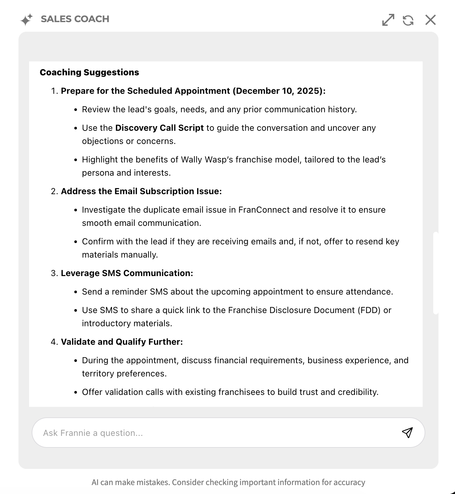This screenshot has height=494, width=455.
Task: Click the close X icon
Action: point(430,20)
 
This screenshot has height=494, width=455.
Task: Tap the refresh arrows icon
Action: point(408,20)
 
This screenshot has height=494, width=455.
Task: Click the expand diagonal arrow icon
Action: point(388,20)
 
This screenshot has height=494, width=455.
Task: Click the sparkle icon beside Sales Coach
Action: point(26,19)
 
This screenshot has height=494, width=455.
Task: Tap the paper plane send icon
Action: point(407,433)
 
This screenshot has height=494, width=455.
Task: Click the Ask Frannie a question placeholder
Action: point(93,433)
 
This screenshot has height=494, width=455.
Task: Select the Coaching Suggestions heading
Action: point(89,72)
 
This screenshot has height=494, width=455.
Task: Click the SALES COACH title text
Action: point(75,19)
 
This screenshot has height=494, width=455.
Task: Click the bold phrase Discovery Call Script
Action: point(159,128)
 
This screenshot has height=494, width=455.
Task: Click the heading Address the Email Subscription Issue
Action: point(141,191)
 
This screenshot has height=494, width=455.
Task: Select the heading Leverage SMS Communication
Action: point(127,273)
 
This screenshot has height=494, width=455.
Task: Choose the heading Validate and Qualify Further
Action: point(122,342)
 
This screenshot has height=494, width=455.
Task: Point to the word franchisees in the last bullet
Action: point(241,392)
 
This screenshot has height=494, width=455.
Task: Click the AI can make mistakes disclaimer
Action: point(228,482)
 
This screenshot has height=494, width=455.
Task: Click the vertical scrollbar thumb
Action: point(436,273)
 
